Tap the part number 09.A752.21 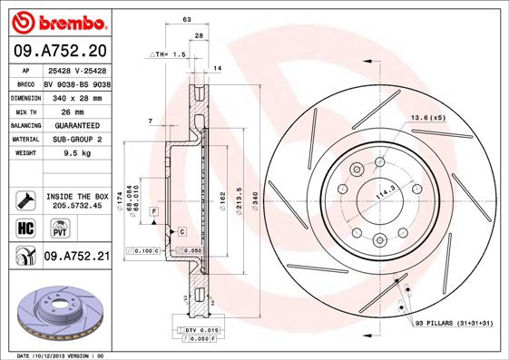click(76, 258)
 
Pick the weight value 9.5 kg click(60, 153)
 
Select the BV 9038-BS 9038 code click(76, 82)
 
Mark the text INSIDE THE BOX click(77, 196)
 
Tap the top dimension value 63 click(186, 18)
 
